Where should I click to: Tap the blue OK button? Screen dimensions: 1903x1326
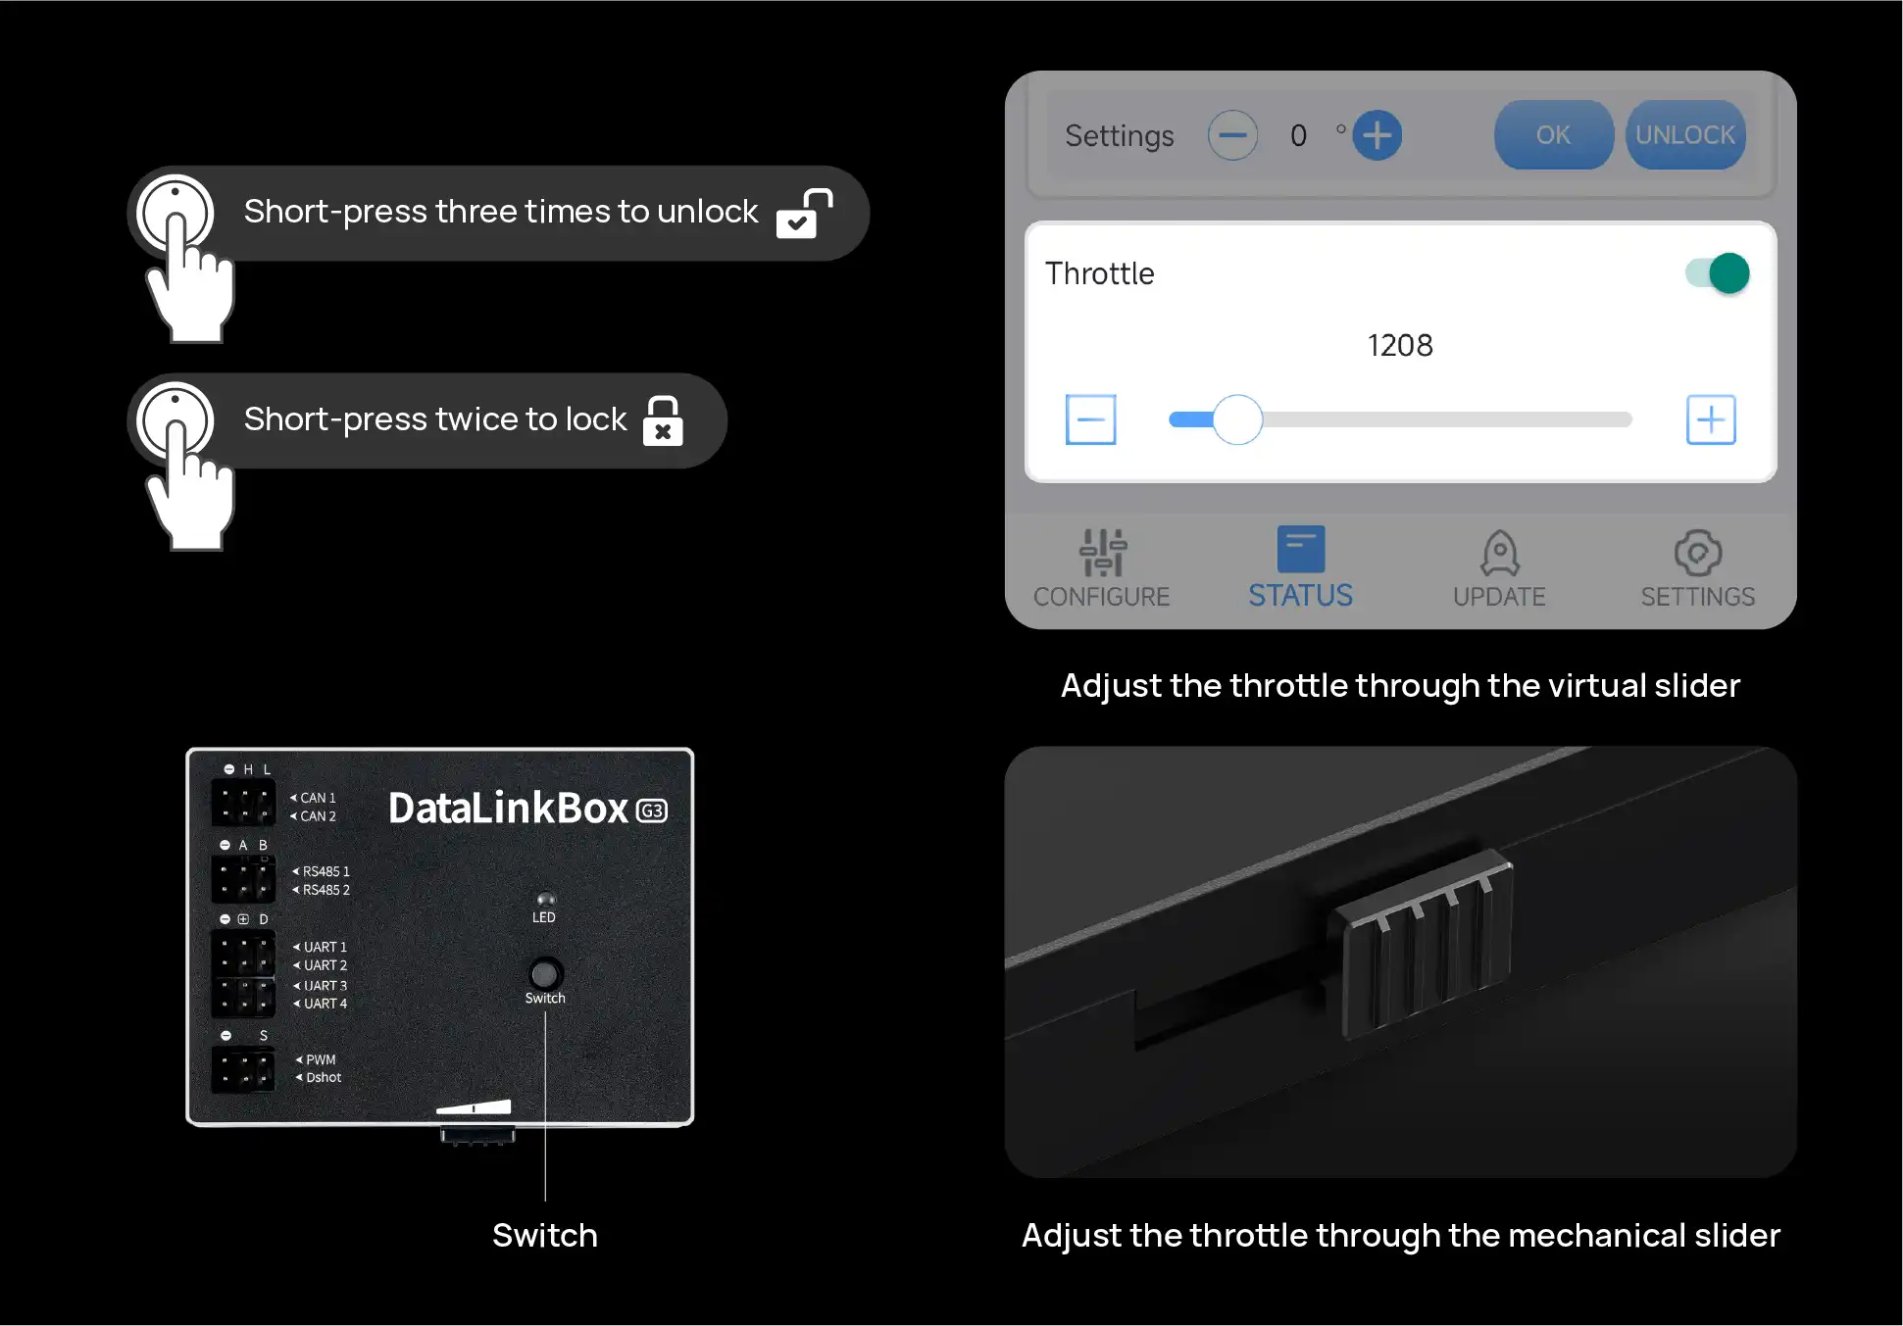pyautogui.click(x=1553, y=135)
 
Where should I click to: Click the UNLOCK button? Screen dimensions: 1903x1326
pyautogui.click(x=1685, y=135)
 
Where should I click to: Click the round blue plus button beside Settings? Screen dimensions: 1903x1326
pyautogui.click(x=1377, y=135)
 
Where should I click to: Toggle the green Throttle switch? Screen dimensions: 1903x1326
pyautogui.click(x=1718, y=273)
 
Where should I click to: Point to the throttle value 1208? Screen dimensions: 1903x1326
pyautogui.click(x=1400, y=345)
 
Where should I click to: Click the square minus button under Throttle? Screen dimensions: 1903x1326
pyautogui.click(x=1090, y=419)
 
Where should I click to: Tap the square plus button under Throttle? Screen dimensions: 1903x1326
pyautogui.click(x=1711, y=419)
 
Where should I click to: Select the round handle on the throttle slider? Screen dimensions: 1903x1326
pyautogui.click(x=1237, y=419)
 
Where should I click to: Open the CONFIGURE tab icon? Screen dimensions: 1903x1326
pyautogui.click(x=1103, y=552)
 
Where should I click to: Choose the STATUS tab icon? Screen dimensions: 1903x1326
pyautogui.click(x=1301, y=549)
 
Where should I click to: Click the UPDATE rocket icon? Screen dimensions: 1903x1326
pyautogui.click(x=1500, y=553)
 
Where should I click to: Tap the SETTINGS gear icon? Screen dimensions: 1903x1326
pyautogui.click(x=1698, y=553)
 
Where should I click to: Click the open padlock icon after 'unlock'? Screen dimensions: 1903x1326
pyautogui.click(x=804, y=214)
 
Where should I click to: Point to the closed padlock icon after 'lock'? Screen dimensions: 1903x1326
pyautogui.click(x=663, y=420)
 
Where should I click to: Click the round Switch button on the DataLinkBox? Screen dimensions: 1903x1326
pyautogui.click(x=545, y=973)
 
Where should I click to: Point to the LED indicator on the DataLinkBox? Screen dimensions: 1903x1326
pyautogui.click(x=545, y=899)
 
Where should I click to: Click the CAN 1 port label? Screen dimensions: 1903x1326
pyautogui.click(x=318, y=798)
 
